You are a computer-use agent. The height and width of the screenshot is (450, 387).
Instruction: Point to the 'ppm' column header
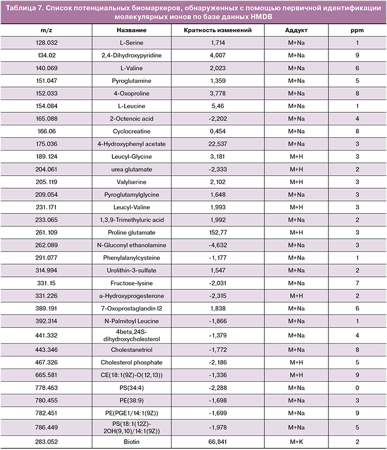(x=357, y=30)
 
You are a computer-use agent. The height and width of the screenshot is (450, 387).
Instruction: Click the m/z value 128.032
(x=46, y=43)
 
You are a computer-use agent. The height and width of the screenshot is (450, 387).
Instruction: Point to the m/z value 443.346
(x=46, y=349)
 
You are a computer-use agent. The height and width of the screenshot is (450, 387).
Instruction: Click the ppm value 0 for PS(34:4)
(x=357, y=388)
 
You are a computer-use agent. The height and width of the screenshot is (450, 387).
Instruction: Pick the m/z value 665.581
(x=46, y=375)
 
